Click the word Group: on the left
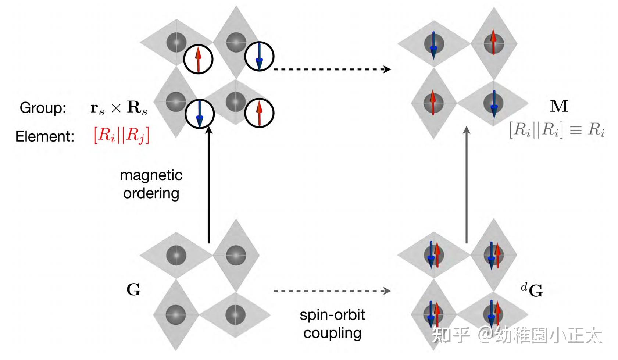(43, 108)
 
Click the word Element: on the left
(44, 136)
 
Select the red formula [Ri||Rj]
(121, 135)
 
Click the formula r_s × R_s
(118, 108)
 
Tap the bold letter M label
(558, 106)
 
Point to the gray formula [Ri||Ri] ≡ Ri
(557, 130)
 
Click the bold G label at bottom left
(133, 290)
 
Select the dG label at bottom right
(532, 290)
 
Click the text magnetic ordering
(151, 184)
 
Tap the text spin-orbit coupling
(332, 324)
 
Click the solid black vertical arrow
(209, 184)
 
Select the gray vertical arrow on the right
(467, 184)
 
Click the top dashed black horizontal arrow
(331, 69)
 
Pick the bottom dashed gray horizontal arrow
(331, 291)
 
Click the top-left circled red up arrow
(198, 59)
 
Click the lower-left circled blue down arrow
(199, 114)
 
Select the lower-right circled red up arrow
(259, 113)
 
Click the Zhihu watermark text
(517, 335)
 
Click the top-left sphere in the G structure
(176, 255)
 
